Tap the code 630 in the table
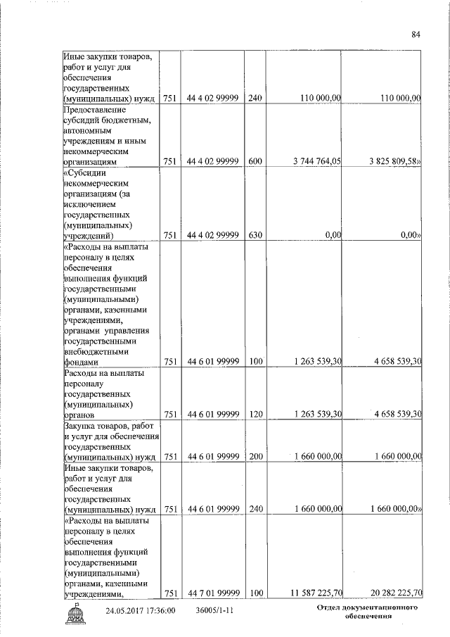[x=255, y=235]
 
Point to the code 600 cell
[x=255, y=161]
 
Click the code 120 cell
[x=255, y=414]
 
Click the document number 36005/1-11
[x=214, y=611]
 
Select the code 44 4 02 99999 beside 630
[x=214, y=235]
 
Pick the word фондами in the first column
[x=81, y=361]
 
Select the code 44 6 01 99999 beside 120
[x=214, y=414]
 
